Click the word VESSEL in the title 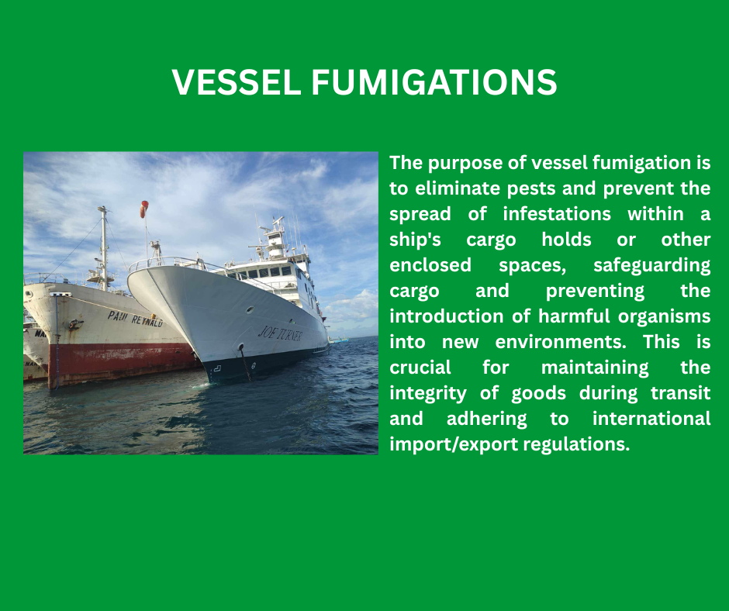[237, 82]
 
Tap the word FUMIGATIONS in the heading [434, 82]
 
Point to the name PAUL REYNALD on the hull [135, 319]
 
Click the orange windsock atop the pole [144, 209]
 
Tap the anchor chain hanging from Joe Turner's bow [244, 363]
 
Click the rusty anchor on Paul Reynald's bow [75, 324]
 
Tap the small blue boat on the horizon [340, 340]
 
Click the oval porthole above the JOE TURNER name [250, 309]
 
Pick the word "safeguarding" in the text [651, 265]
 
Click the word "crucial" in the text [420, 368]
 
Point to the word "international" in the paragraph [651, 419]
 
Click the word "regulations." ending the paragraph [576, 444]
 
